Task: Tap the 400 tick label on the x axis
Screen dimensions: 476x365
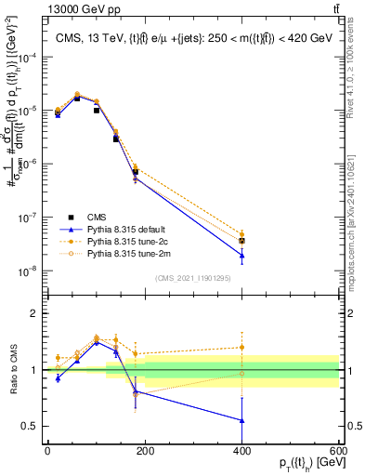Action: pos(241,450)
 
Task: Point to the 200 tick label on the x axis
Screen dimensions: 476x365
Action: pos(145,450)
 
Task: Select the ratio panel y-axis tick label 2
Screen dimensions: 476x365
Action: pos(33,313)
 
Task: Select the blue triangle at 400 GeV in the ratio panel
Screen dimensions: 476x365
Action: pos(241,420)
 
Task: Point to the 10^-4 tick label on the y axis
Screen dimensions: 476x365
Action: pos(31,57)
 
